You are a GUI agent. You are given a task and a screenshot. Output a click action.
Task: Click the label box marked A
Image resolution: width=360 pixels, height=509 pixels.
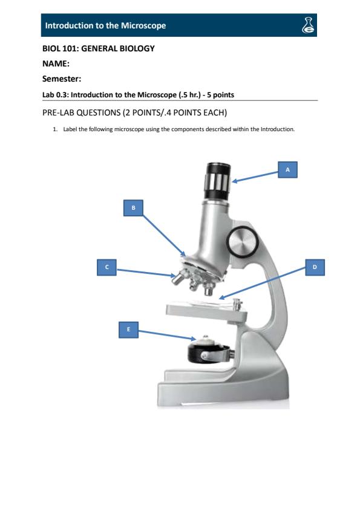(x=287, y=170)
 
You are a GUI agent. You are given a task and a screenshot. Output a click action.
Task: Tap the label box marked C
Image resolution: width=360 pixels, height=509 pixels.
(x=106, y=266)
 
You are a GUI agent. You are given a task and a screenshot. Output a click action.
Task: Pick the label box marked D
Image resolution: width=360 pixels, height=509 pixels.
(x=314, y=266)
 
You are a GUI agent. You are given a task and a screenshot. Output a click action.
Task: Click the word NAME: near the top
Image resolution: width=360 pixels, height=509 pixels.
(x=56, y=63)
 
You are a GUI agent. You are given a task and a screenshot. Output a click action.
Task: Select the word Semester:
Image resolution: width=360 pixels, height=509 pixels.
(x=61, y=78)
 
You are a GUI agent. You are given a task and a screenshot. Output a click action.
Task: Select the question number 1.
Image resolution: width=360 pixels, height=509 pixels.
(x=56, y=128)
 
